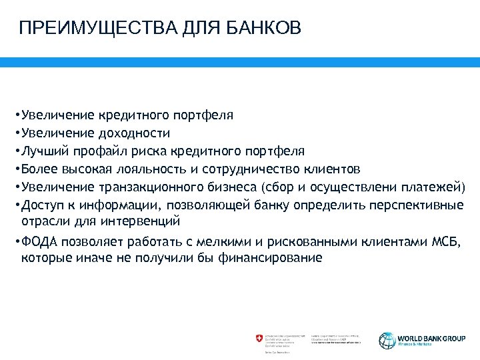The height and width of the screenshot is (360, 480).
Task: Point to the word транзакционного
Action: click(144, 185)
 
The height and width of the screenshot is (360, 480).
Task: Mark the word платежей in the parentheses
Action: click(439, 185)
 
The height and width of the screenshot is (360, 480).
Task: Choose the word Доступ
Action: click(40, 203)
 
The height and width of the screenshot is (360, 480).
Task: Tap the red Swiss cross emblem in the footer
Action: click(259, 339)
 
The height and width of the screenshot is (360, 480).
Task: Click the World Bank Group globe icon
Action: click(387, 339)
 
